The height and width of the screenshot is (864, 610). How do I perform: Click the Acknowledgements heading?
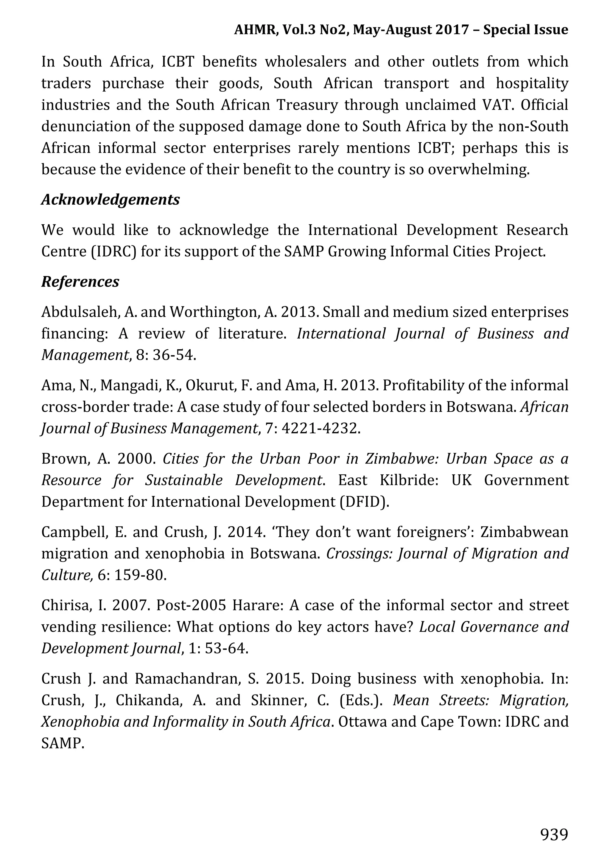point(110,200)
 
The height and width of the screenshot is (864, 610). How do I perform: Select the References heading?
point(80,281)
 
